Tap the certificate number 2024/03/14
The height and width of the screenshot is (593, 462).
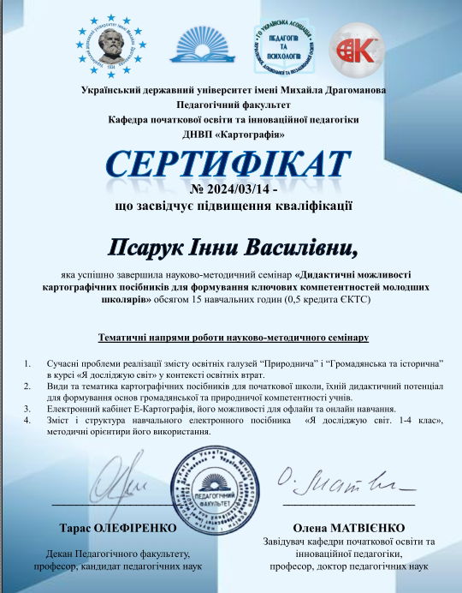point(235,189)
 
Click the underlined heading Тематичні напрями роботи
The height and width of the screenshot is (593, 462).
point(233,338)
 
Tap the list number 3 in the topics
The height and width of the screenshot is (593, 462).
point(28,410)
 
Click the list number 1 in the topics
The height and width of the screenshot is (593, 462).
point(28,364)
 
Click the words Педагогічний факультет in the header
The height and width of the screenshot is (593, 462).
point(232,105)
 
